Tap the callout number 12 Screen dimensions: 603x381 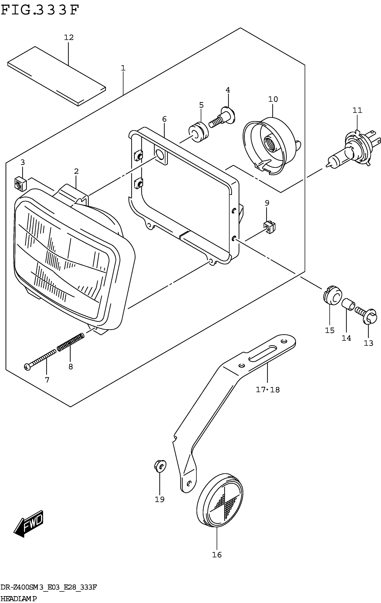pyautogui.click(x=69, y=38)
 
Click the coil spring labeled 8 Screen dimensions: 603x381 pyautogui.click(x=71, y=342)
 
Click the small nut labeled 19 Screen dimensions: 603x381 pyautogui.click(x=160, y=466)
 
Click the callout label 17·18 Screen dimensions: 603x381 pyautogui.click(x=268, y=390)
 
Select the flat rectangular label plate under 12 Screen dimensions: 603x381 pyautogui.click(x=56, y=76)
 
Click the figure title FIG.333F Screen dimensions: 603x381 pyautogui.click(x=40, y=11)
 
